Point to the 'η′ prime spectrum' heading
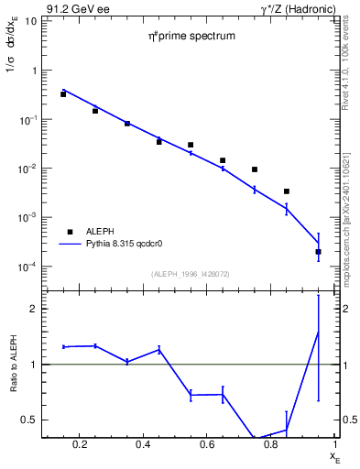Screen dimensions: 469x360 tap(192, 37)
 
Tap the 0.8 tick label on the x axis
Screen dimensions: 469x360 tap(272, 446)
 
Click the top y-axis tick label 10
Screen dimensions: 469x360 tap(30, 21)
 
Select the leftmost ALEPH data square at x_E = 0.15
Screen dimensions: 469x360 tap(63, 94)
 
